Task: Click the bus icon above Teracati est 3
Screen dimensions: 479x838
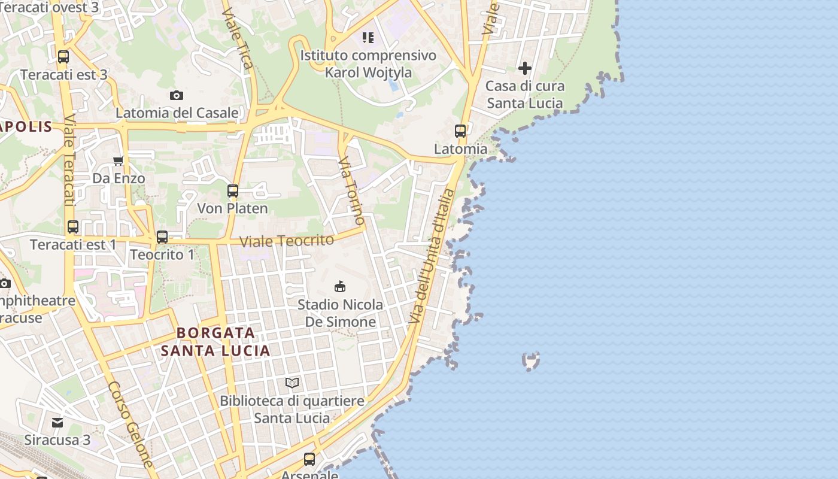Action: (x=63, y=57)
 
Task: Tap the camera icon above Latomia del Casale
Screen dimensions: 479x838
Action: (x=176, y=95)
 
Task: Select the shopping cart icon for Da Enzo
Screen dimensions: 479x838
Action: (x=119, y=160)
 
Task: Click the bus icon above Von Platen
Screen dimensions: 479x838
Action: (x=233, y=191)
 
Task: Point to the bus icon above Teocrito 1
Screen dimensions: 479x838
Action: (x=162, y=237)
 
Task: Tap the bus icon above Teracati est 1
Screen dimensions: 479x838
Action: (x=73, y=227)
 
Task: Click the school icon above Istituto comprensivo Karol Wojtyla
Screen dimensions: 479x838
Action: (x=368, y=38)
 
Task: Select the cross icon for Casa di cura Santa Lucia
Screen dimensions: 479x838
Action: (x=525, y=68)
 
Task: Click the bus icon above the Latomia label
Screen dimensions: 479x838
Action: (x=460, y=131)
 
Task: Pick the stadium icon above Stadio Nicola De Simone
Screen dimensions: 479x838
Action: (x=340, y=287)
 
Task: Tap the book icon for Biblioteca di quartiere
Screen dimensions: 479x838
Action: (x=292, y=383)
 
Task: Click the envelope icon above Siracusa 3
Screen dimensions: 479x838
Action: (x=57, y=423)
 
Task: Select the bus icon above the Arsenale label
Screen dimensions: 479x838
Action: (x=309, y=459)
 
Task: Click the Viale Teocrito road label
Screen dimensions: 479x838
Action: (x=287, y=241)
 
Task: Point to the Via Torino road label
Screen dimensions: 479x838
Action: (x=351, y=190)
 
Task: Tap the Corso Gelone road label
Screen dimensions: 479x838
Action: (x=131, y=425)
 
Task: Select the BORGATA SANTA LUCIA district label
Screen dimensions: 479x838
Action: (x=215, y=342)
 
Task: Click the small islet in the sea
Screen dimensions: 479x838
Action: (x=531, y=360)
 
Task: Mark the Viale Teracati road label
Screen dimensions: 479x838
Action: (x=69, y=161)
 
